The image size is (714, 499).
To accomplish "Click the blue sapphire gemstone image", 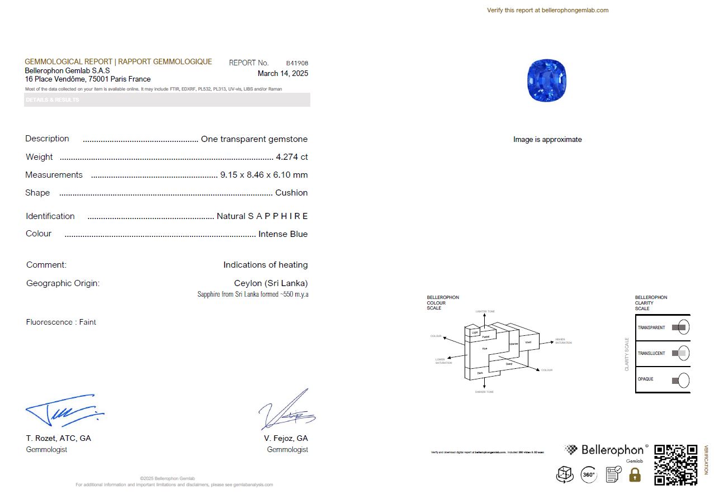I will point(547,80).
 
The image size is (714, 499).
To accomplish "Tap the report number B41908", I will point(297,63).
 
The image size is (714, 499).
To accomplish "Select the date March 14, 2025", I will point(282,73).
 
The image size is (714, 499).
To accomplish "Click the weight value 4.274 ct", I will point(291,157).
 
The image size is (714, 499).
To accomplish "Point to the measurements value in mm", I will point(264,175).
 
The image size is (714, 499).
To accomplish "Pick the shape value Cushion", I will point(291,193).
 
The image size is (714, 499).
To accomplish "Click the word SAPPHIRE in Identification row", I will point(278,216).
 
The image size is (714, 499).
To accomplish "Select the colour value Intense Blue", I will point(283,234).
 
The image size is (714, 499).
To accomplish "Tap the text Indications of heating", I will point(265,265).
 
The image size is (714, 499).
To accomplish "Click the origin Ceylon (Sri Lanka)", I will point(271,283).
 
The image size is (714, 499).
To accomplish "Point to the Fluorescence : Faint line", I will point(61,322).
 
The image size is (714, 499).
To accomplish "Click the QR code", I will point(675,464).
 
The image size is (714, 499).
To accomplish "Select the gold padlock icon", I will point(635,475).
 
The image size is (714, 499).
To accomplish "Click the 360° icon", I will point(589,475).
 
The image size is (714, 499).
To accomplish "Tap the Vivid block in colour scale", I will point(528,342).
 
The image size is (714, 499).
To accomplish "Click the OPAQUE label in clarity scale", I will point(646,379).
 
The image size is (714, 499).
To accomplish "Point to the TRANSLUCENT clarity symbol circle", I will point(683,353).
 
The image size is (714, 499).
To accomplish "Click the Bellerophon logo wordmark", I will point(612,450).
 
